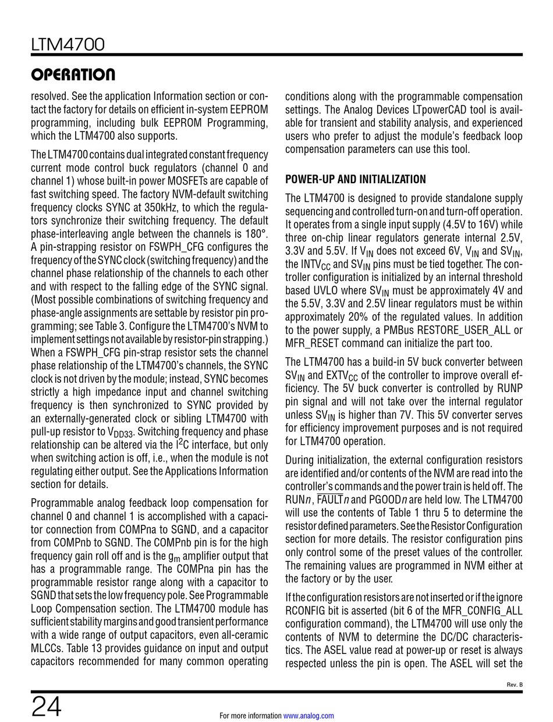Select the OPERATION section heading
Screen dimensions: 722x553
(x=73, y=75)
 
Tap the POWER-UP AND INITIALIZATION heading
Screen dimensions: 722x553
(x=355, y=179)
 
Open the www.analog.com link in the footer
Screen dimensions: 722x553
(x=309, y=716)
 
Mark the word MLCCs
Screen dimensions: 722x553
(x=47, y=648)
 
